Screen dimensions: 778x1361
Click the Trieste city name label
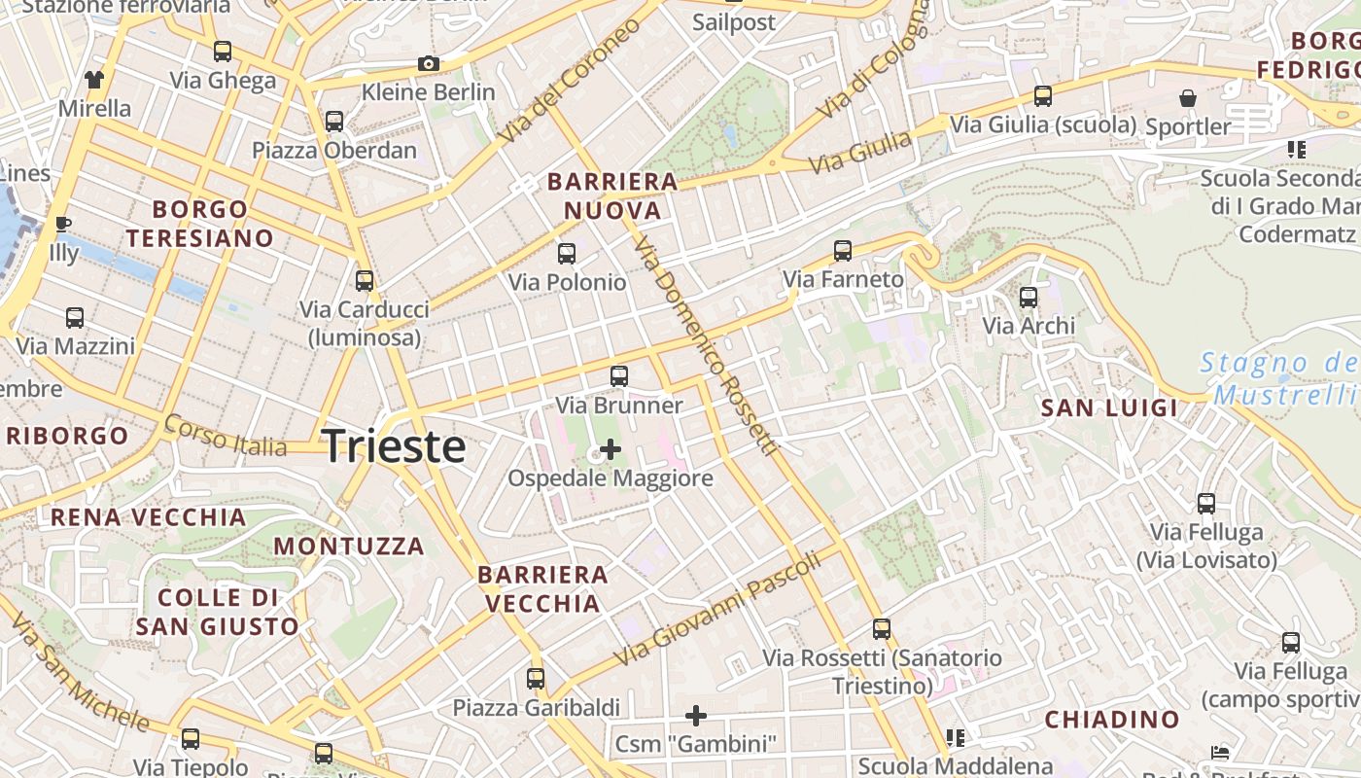tap(394, 446)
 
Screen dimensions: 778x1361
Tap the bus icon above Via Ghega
tap(223, 52)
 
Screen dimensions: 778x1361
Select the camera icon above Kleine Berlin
tap(428, 64)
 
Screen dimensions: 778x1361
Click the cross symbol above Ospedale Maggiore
tap(611, 449)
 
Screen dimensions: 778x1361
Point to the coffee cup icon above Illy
tap(63, 224)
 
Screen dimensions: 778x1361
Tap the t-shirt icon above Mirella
tap(93, 79)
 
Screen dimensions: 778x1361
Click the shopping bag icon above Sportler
tap(1187, 98)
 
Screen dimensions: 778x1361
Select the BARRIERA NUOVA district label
tap(612, 195)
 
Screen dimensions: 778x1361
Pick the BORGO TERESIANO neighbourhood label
tap(199, 224)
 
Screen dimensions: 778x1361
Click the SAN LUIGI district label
tap(1109, 407)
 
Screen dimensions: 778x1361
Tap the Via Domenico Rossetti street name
tap(706, 345)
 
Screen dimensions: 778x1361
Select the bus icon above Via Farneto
tap(843, 251)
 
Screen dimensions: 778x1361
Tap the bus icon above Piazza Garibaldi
tap(536, 678)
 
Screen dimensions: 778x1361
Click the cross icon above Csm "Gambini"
tap(696, 717)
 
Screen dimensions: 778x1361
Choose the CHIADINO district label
tap(1112, 720)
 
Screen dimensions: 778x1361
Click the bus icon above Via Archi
tap(1029, 298)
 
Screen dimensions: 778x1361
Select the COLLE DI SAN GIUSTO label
tap(217, 612)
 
